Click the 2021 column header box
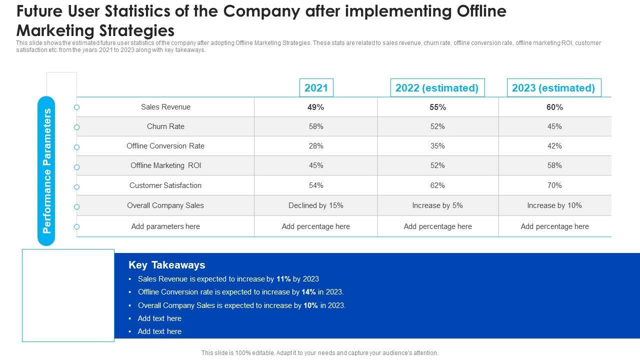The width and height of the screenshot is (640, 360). (x=316, y=88)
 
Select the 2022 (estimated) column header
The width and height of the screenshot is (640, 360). (x=437, y=88)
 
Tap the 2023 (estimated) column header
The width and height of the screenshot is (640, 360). (x=553, y=88)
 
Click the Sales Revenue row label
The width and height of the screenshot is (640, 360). (x=165, y=107)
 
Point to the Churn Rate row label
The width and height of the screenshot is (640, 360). (x=165, y=126)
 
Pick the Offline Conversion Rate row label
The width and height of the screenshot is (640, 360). (x=165, y=146)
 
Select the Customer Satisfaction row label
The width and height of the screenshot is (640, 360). (x=165, y=185)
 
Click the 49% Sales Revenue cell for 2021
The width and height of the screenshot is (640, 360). (x=316, y=107)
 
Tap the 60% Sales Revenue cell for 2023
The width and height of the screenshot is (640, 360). (x=554, y=107)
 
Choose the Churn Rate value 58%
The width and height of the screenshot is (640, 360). (x=316, y=126)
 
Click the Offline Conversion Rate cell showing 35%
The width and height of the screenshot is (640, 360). (x=437, y=146)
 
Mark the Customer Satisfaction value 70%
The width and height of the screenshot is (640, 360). (x=554, y=185)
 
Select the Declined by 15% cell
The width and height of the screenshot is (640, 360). (x=316, y=205)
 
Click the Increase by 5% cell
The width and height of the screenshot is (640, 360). (x=437, y=205)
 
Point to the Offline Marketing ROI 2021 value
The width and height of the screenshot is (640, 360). (x=316, y=165)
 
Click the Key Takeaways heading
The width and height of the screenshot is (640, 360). (x=167, y=265)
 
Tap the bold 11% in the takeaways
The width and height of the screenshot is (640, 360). (x=283, y=279)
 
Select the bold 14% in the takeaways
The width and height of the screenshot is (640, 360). (x=308, y=292)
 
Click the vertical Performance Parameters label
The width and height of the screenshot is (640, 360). (x=47, y=171)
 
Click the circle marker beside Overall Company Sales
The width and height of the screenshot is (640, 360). (x=77, y=206)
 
